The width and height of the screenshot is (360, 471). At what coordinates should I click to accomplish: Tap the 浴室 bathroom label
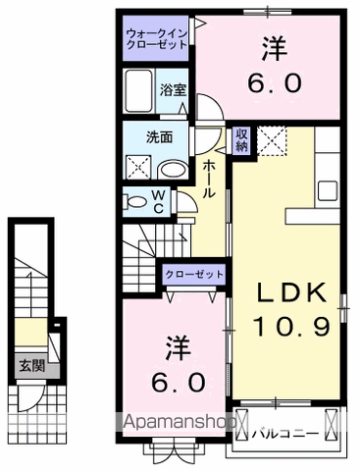coord(173,89)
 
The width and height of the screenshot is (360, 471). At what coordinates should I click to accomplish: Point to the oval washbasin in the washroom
coord(172,169)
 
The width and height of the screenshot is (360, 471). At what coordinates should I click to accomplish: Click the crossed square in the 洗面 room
coord(136,169)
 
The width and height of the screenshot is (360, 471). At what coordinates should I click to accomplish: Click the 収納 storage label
coord(242,139)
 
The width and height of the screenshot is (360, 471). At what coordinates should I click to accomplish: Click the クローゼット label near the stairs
coord(194,276)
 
